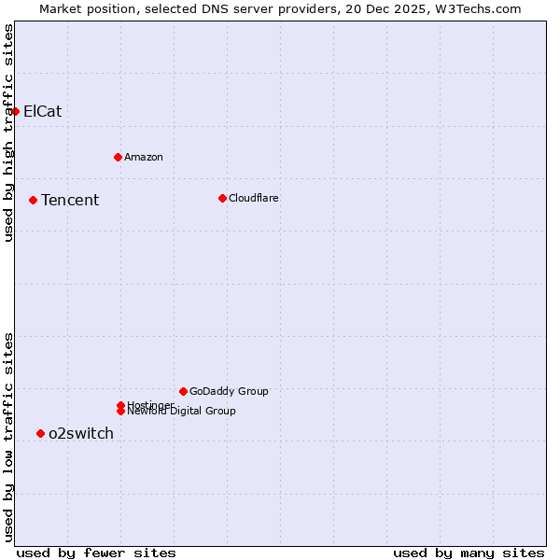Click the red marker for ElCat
point(15,112)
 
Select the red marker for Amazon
point(118,157)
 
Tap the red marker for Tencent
point(33,200)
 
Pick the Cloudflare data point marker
point(222,198)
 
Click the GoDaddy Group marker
point(183,391)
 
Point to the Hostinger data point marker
point(120,405)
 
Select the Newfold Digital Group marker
point(120,411)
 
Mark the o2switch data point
point(40,433)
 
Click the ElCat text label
point(43,112)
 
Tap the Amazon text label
point(144,157)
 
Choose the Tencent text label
point(70,200)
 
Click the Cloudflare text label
point(254,198)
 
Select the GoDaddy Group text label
point(229,391)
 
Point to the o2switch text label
point(81,433)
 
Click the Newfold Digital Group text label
point(182,412)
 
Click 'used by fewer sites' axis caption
point(96,553)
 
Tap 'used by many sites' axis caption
point(469,553)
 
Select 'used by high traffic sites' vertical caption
point(8,133)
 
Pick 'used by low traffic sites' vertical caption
point(8,436)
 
